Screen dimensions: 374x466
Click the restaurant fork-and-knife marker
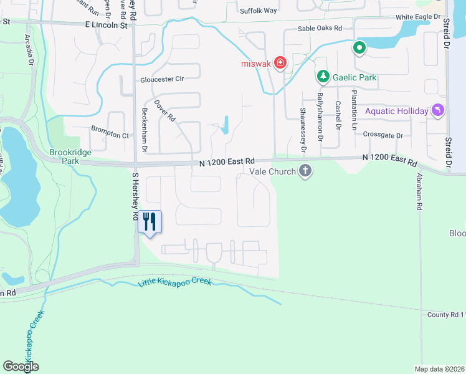pyautogui.click(x=150, y=221)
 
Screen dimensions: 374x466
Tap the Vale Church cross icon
pyautogui.click(x=305, y=171)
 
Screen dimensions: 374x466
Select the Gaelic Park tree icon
pyautogui.click(x=323, y=77)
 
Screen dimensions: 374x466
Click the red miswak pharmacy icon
pyautogui.click(x=280, y=63)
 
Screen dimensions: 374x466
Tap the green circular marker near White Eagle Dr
pyautogui.click(x=359, y=47)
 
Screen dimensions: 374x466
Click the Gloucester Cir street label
pyautogui.click(x=162, y=79)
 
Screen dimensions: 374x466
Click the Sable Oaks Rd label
pyautogui.click(x=320, y=29)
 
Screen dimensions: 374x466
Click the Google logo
pyautogui.click(x=21, y=367)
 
